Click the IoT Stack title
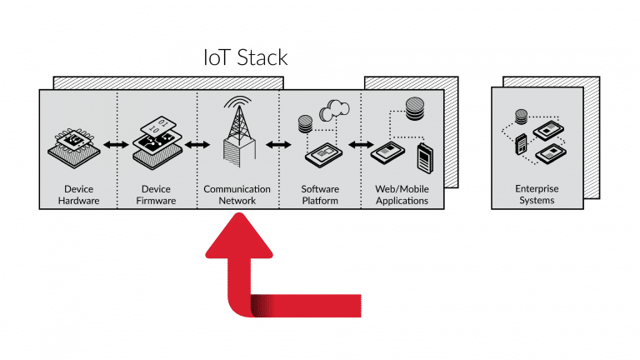[x=245, y=57]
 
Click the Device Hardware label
[x=77, y=195]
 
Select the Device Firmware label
[x=157, y=195]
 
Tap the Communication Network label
[x=237, y=195]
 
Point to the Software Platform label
[x=319, y=195]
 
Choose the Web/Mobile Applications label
[x=402, y=195]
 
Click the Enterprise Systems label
[x=536, y=195]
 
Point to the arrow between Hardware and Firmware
[x=117, y=145]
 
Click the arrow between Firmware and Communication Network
[x=197, y=145]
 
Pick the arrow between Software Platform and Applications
[x=360, y=145]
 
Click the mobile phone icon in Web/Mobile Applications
[x=427, y=157]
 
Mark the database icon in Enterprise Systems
[x=522, y=115]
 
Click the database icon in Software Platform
[x=304, y=125]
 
